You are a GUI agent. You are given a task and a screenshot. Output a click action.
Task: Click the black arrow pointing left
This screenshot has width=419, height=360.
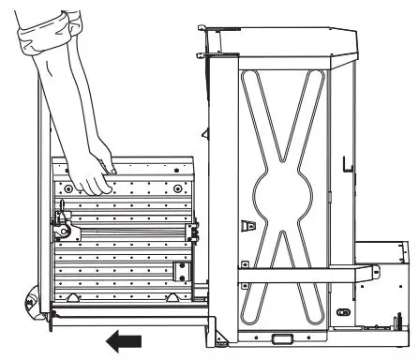pos(124,340)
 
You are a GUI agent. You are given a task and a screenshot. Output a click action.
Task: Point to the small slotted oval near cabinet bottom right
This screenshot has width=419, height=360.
pos(344,312)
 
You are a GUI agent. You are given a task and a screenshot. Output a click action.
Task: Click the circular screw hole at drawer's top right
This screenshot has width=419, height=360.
pos(175,188)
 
